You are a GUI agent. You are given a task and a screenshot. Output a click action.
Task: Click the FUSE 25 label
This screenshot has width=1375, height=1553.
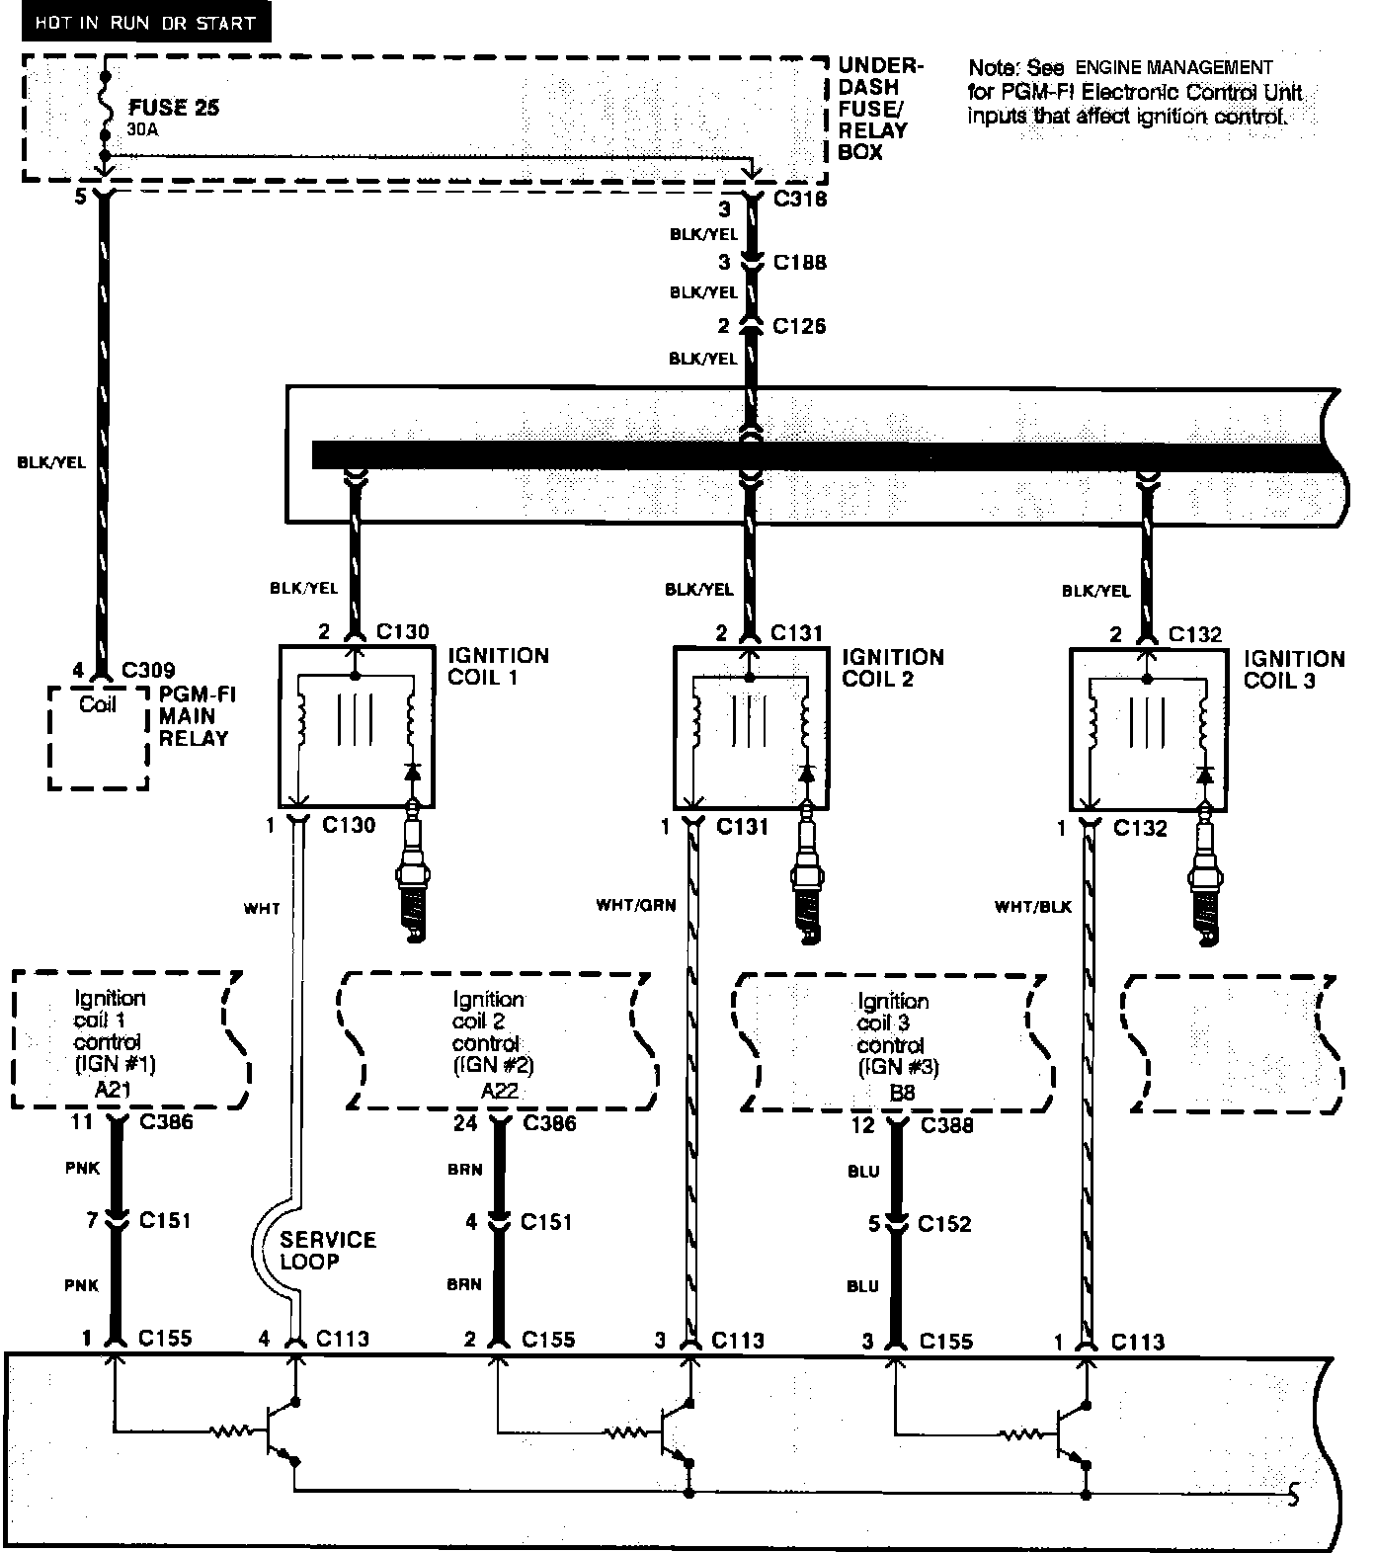tap(173, 108)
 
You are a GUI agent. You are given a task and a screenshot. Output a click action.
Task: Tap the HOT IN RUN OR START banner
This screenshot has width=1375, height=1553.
tap(145, 23)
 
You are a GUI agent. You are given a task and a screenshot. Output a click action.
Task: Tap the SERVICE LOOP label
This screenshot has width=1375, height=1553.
tap(328, 1250)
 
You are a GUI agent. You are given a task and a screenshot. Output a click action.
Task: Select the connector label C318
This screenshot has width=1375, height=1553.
tap(799, 200)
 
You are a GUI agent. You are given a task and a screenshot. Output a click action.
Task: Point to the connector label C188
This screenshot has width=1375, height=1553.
tap(799, 263)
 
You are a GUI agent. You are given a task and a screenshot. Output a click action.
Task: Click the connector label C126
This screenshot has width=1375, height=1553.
tap(799, 326)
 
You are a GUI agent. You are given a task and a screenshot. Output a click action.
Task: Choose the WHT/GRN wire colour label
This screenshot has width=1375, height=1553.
tap(635, 904)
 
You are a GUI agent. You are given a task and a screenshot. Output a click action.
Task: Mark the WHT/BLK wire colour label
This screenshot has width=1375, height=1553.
tap(1032, 906)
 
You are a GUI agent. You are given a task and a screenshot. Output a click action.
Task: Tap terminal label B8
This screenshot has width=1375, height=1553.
tap(902, 1093)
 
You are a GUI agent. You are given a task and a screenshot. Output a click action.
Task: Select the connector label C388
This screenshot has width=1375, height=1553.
tap(946, 1125)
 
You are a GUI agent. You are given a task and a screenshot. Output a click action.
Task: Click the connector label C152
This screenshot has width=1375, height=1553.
tap(944, 1224)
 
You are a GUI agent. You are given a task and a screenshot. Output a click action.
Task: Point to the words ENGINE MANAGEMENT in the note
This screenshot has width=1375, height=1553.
tap(1173, 68)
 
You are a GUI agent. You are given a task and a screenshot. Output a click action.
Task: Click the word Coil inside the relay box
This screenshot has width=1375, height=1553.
tap(98, 704)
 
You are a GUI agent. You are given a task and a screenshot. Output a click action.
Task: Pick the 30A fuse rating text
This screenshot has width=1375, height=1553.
tap(142, 129)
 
